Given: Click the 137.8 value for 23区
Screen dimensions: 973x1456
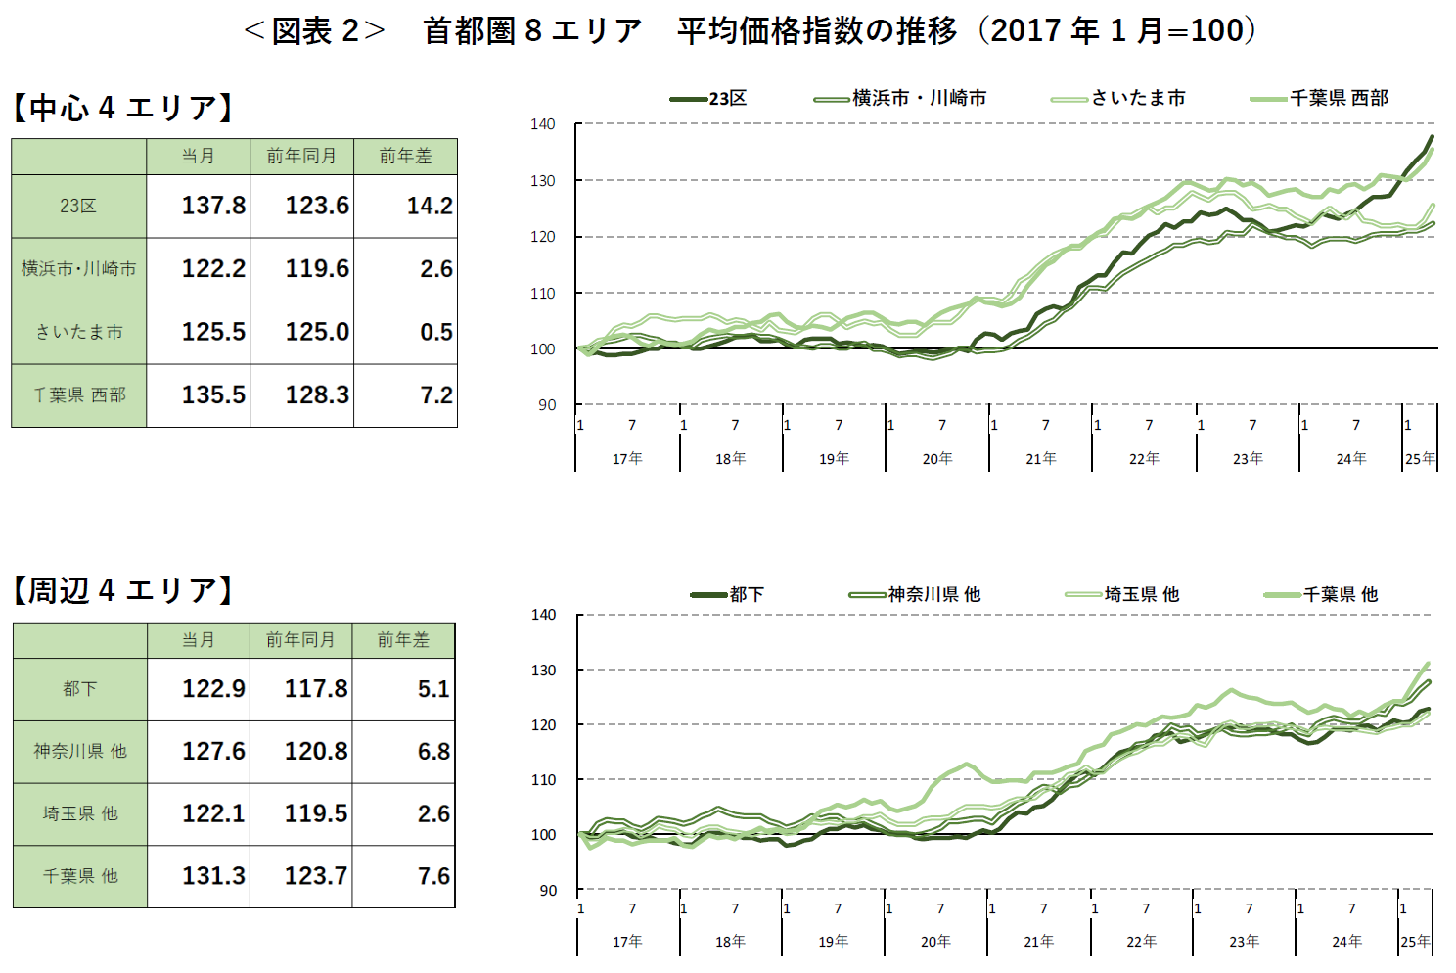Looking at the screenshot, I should pos(213,206).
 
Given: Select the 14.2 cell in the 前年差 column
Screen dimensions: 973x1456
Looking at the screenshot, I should pos(430,206).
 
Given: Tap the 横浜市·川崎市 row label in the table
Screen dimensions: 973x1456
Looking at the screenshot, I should pos(79,268).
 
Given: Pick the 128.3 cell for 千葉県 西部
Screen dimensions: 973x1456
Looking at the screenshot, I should pos(317,394).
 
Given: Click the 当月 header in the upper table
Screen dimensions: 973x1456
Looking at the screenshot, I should pos(198,156).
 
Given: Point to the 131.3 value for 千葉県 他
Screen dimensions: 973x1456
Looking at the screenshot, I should pos(213,875).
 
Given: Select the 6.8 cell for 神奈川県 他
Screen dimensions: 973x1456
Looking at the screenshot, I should pos(433,751).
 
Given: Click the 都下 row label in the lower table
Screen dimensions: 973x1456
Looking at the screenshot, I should pos(79,688).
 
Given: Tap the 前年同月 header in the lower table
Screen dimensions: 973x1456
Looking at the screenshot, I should pos(300,639).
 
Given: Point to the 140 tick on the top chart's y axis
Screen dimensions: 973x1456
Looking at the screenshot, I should pos(543,124).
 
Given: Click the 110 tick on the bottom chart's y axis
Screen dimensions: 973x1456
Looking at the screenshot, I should pos(543,780).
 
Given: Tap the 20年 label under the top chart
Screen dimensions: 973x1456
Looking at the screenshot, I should pos(937,458).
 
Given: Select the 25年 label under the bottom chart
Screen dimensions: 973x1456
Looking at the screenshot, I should pos(1415,941).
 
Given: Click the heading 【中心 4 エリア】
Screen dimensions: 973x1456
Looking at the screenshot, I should pos(123,107).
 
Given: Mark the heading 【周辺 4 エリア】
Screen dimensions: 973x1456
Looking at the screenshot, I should pos(123,590).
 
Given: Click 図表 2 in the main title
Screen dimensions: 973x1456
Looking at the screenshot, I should pos(315,31).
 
